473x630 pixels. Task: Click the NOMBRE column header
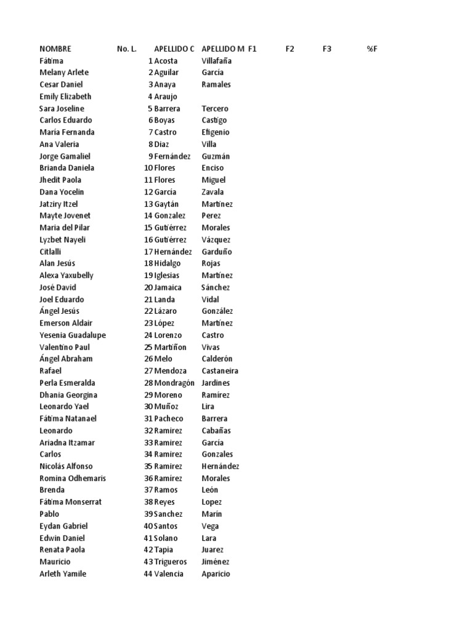coord(55,49)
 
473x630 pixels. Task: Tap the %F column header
coord(371,49)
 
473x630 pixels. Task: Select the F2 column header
coord(290,49)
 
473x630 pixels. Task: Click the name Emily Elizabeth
coord(65,97)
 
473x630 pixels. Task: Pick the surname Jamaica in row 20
coord(168,287)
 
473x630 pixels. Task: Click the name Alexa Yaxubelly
coord(67,276)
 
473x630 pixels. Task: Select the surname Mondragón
coord(174,383)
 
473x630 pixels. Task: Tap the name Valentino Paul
coord(65,347)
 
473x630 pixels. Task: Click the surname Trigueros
coord(172,562)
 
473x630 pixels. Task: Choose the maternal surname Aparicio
coord(216,574)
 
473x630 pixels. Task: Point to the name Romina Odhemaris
coord(73,478)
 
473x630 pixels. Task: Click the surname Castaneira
coord(220,371)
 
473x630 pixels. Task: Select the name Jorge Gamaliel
coord(65,156)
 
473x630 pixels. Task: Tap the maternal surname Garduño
coord(217,252)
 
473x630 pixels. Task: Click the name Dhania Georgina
coord(68,395)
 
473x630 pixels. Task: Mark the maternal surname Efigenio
coord(216,132)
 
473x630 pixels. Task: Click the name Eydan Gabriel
coord(63,526)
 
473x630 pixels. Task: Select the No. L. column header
coord(126,49)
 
